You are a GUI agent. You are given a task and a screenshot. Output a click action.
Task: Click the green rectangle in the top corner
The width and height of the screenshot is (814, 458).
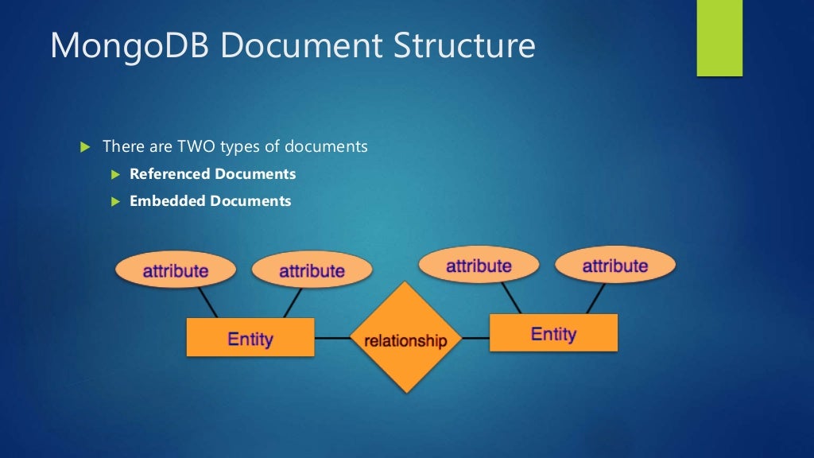(x=719, y=37)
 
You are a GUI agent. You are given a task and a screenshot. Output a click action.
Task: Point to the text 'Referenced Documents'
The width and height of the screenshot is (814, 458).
(x=212, y=174)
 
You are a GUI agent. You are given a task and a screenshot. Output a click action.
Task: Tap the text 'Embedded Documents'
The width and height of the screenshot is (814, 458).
(x=210, y=201)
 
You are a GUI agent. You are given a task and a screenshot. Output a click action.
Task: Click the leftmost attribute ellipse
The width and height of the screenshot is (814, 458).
(x=176, y=270)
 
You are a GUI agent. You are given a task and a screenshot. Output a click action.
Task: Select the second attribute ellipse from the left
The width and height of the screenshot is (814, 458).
(x=312, y=271)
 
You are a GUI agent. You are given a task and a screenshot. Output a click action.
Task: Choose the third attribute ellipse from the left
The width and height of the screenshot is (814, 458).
(x=479, y=266)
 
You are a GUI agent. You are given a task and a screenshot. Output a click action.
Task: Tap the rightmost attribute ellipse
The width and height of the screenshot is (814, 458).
(x=614, y=266)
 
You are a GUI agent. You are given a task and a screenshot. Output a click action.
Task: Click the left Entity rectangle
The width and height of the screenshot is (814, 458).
(x=250, y=338)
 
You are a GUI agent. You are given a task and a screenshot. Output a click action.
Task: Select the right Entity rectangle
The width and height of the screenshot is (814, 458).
(x=553, y=333)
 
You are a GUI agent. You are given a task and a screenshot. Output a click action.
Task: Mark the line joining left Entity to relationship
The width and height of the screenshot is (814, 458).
(x=332, y=338)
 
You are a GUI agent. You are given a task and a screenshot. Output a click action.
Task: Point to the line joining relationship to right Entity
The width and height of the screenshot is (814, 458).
(x=475, y=337)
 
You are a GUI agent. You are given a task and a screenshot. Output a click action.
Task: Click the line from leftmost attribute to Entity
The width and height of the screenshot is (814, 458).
(x=207, y=303)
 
